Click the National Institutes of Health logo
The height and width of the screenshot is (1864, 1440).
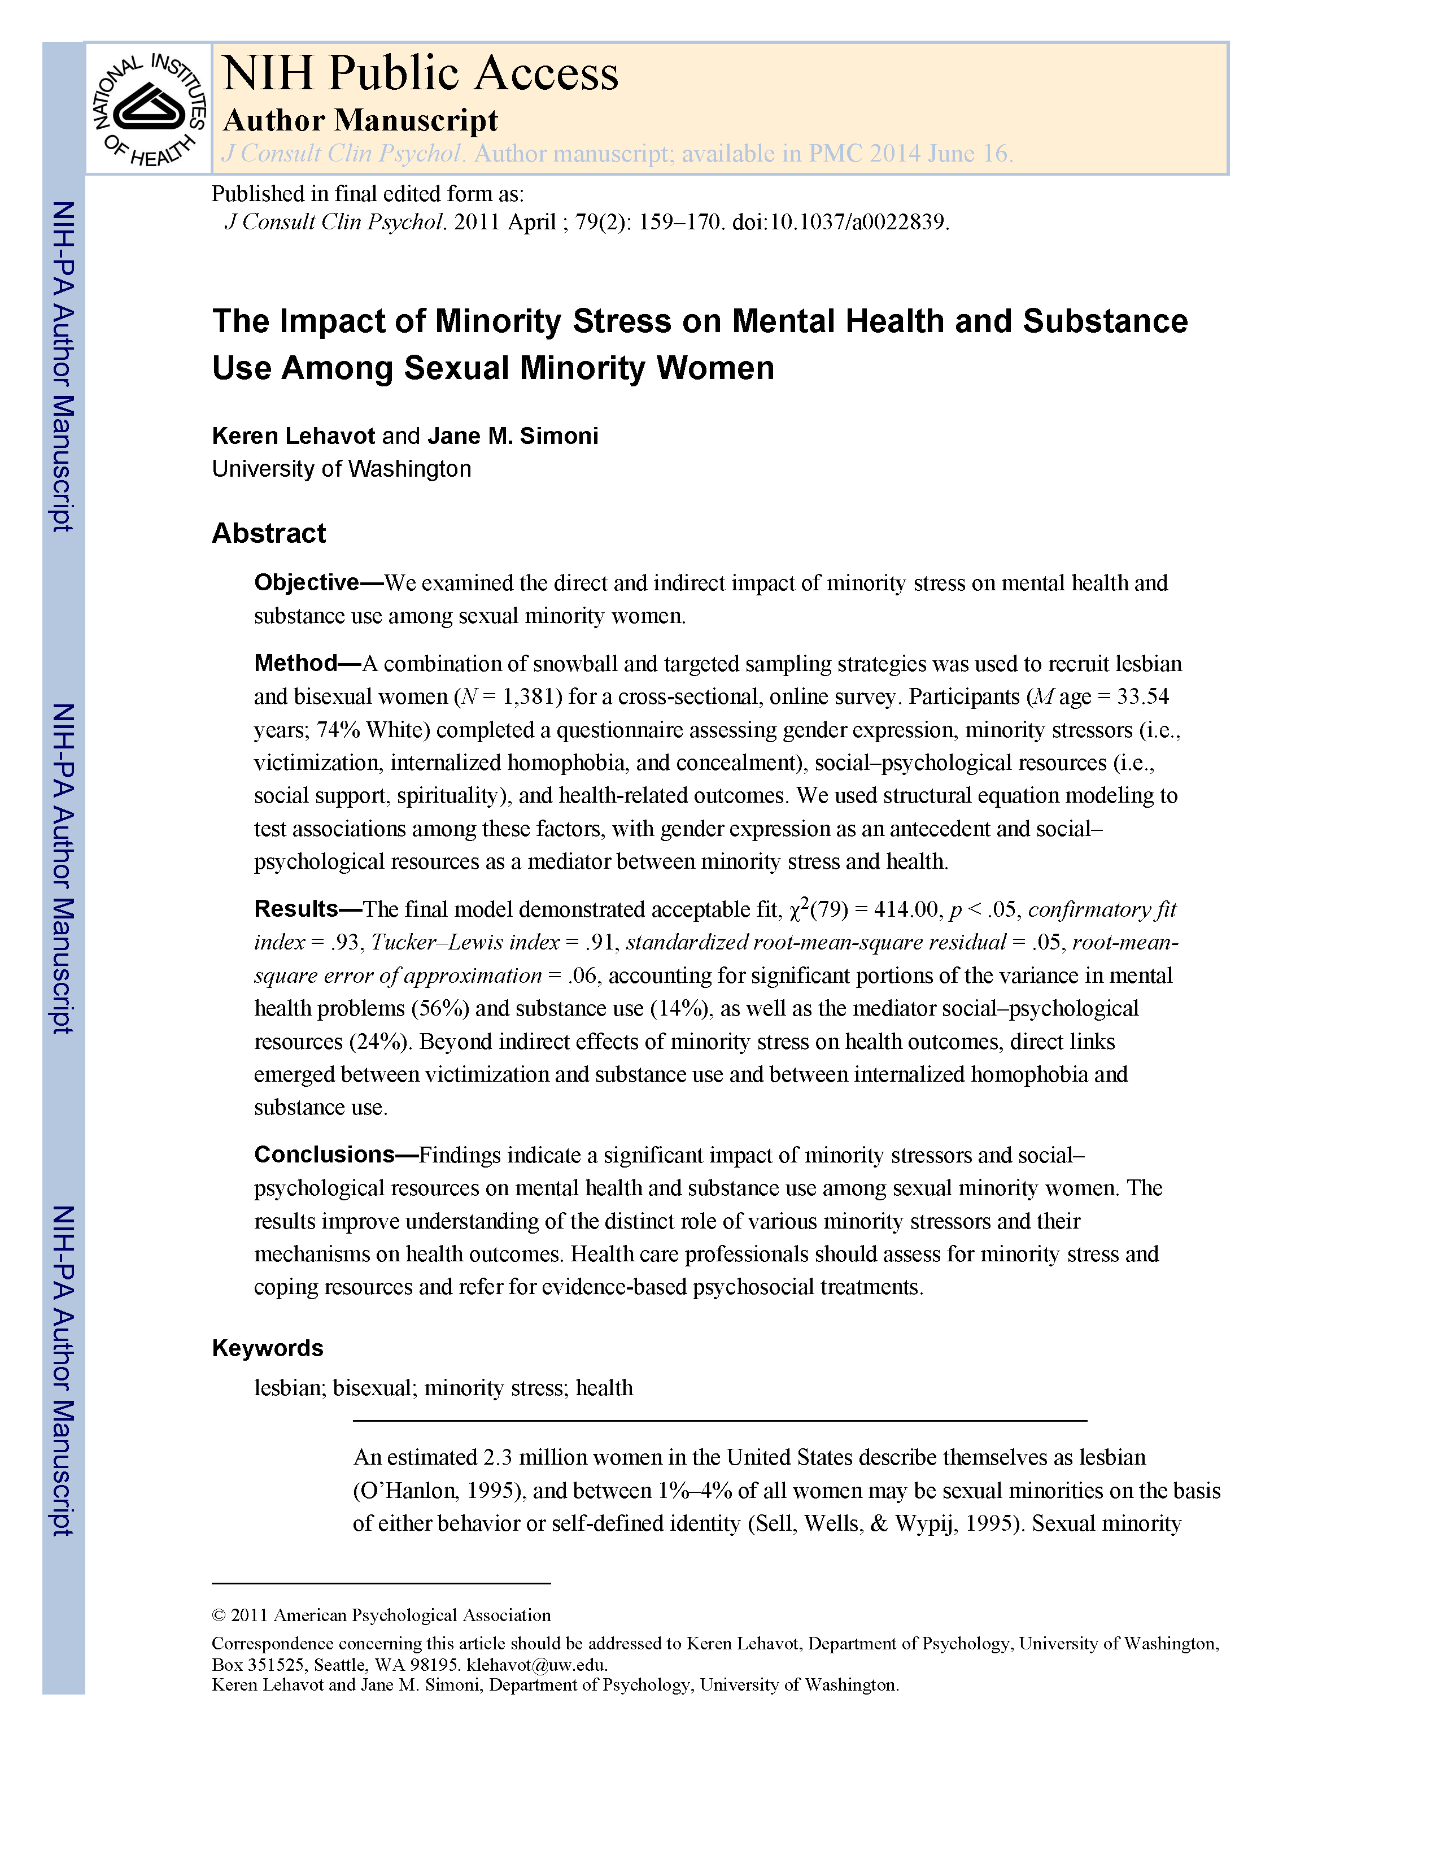click(x=149, y=109)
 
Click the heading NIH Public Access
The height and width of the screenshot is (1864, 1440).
click(x=420, y=73)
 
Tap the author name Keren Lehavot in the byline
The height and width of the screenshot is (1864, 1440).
click(x=293, y=436)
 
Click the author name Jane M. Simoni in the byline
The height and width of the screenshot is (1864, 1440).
click(x=513, y=436)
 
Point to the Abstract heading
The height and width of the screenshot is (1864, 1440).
click(x=269, y=533)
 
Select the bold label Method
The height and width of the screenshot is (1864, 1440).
click(x=296, y=663)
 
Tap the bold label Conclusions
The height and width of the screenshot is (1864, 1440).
click(x=324, y=1155)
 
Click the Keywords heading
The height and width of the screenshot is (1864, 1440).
click(x=268, y=1348)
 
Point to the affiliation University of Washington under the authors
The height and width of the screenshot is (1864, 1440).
click(x=341, y=469)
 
